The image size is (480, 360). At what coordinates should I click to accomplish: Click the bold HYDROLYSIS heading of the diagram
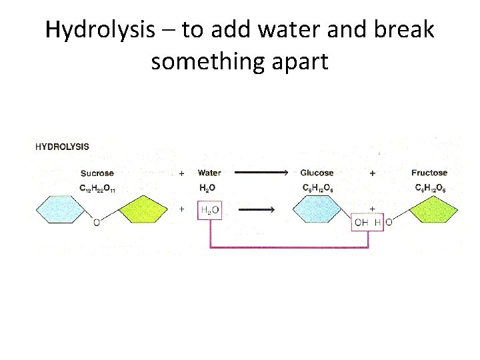coord(62,146)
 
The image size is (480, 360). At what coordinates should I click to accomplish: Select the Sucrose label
coord(97,173)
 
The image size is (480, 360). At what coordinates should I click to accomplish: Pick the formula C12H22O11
coord(97,189)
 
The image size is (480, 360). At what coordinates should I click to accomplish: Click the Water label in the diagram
coord(209,173)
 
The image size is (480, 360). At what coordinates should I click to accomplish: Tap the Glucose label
coord(317,173)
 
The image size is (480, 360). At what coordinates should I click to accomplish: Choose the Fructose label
coord(429,173)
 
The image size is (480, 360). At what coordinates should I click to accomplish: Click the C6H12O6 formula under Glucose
coord(317,189)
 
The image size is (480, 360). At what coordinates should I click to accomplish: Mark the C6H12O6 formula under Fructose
coord(430,189)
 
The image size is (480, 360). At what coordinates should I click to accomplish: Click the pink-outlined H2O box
coord(209,211)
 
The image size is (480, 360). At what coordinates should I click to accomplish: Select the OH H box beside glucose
coord(368,222)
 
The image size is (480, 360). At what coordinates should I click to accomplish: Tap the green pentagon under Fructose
coord(433,211)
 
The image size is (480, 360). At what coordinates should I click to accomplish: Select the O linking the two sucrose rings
coord(97,223)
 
